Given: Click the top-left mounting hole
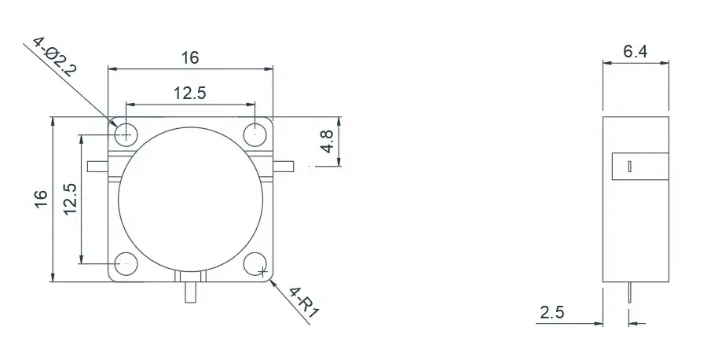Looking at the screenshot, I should click(x=125, y=134).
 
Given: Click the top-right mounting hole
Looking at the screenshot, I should click(x=255, y=134).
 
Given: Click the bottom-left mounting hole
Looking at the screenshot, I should click(x=125, y=263).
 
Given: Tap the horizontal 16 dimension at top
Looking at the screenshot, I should click(x=190, y=57).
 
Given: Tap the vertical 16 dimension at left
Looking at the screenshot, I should click(x=42, y=199).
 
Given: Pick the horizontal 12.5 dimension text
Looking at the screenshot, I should click(x=189, y=94).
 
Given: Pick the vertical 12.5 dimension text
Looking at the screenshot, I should click(x=70, y=199).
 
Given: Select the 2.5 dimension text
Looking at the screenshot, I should click(x=551, y=312).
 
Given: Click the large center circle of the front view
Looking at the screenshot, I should click(x=190, y=199).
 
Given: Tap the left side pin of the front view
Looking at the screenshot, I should click(x=98, y=166).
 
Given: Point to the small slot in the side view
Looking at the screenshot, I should click(x=629, y=167).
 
